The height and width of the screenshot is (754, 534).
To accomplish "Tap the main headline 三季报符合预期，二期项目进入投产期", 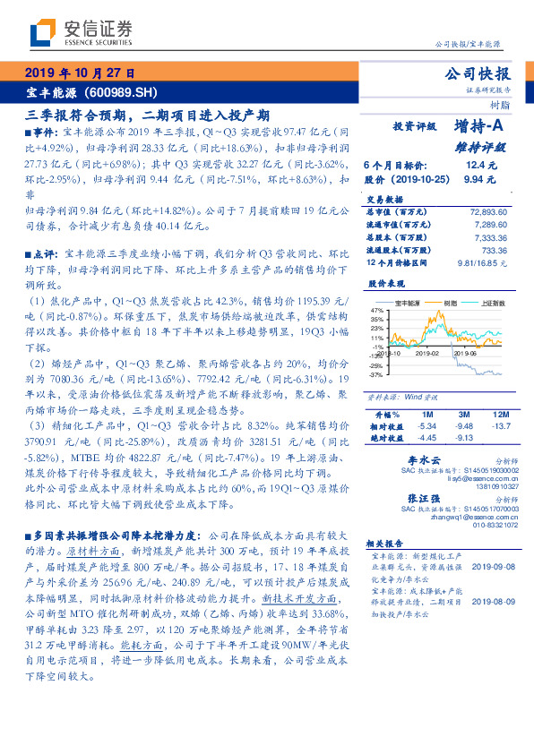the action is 148,115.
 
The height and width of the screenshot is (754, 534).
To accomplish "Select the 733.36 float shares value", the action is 494,252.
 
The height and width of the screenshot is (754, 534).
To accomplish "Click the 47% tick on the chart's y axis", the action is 376,307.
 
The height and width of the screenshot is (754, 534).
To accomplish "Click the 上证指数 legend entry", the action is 492,303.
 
